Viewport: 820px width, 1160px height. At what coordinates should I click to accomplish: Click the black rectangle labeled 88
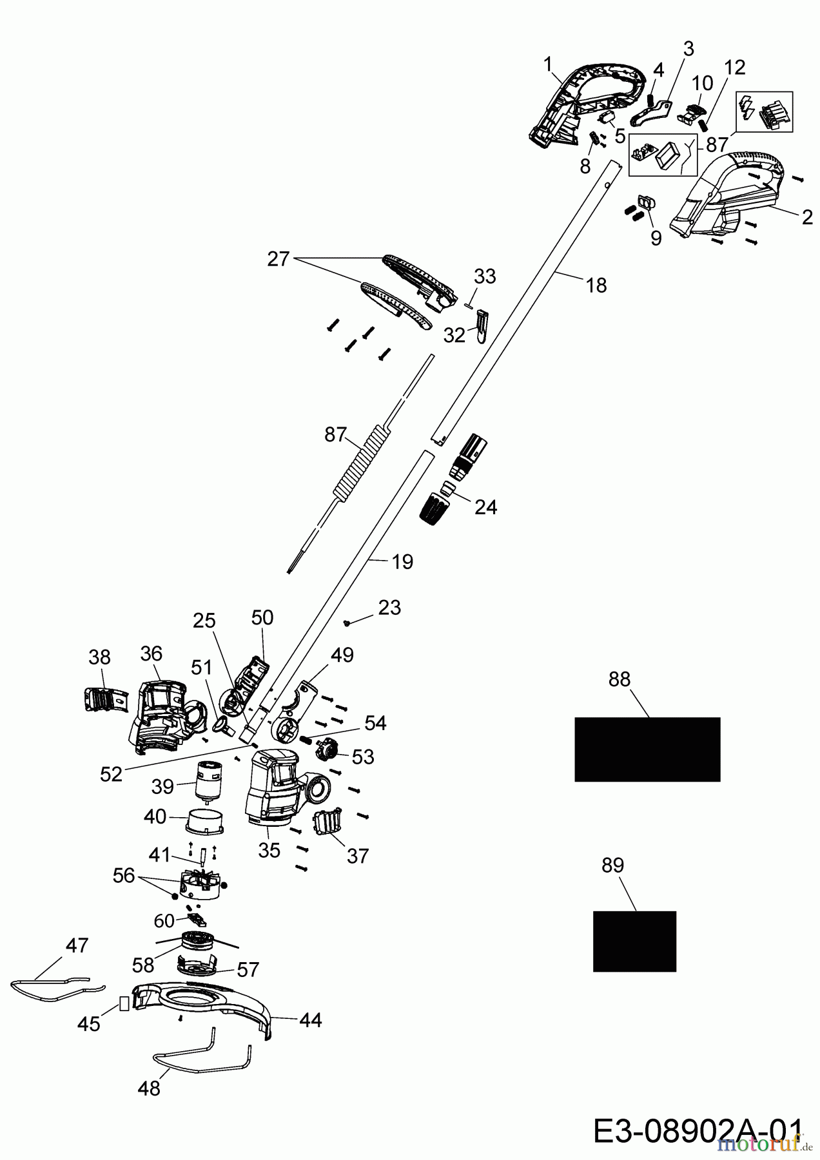pos(647,749)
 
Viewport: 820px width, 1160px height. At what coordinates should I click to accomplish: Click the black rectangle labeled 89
pos(634,940)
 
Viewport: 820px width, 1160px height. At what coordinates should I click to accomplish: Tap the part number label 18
pos(597,285)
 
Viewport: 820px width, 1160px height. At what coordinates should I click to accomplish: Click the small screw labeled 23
pos(347,623)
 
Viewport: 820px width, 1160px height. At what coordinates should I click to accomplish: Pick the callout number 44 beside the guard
pos(310,1020)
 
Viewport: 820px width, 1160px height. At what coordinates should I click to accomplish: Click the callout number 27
pos(278,260)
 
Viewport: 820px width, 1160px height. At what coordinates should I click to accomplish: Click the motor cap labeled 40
pos(203,819)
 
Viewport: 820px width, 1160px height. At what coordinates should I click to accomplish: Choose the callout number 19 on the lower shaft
pos(402,561)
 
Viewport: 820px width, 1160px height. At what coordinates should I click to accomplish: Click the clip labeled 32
pos(482,326)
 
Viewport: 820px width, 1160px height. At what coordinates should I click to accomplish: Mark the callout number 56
pos(124,875)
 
